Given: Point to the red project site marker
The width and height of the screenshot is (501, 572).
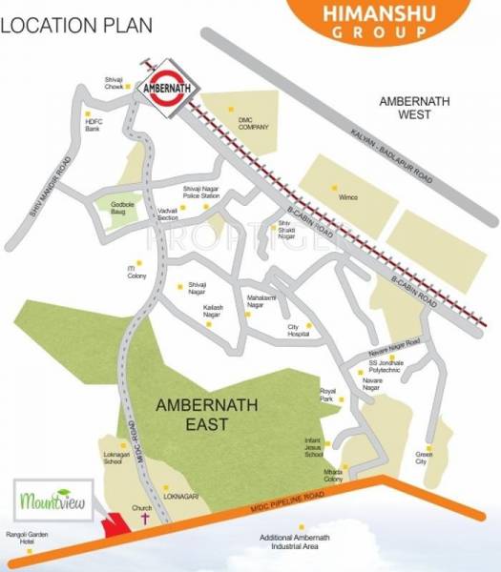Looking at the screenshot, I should [x=116, y=524].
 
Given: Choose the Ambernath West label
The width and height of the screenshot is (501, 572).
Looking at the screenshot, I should [x=419, y=108].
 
